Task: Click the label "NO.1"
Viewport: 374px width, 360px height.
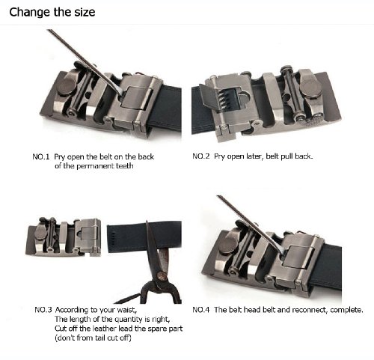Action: [41, 156]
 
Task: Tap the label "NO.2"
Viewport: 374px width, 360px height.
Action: [200, 156]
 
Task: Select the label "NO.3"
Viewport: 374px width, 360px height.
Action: [43, 310]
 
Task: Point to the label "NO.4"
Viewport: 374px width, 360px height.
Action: [200, 310]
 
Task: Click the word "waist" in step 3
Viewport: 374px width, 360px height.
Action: [127, 310]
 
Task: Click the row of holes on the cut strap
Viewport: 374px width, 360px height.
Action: [113, 239]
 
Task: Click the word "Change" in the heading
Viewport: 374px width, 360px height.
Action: [28, 13]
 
